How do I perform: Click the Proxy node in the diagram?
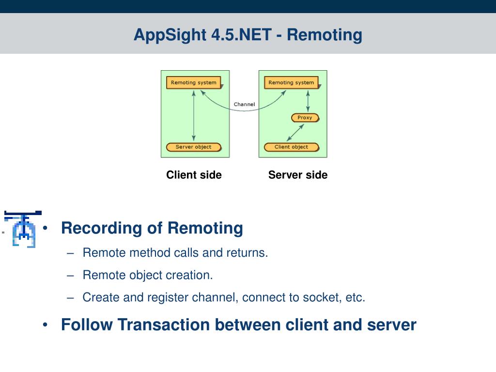305,118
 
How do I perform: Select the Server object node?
194,147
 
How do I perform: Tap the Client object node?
291,147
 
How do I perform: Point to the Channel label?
244,105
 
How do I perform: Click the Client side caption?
194,175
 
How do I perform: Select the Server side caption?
298,175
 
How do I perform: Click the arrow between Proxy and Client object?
295,133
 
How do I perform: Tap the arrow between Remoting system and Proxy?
308,101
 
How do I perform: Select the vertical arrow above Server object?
194,116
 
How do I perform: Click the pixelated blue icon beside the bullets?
22,229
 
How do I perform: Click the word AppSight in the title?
170,35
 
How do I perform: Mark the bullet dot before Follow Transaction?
45,325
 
